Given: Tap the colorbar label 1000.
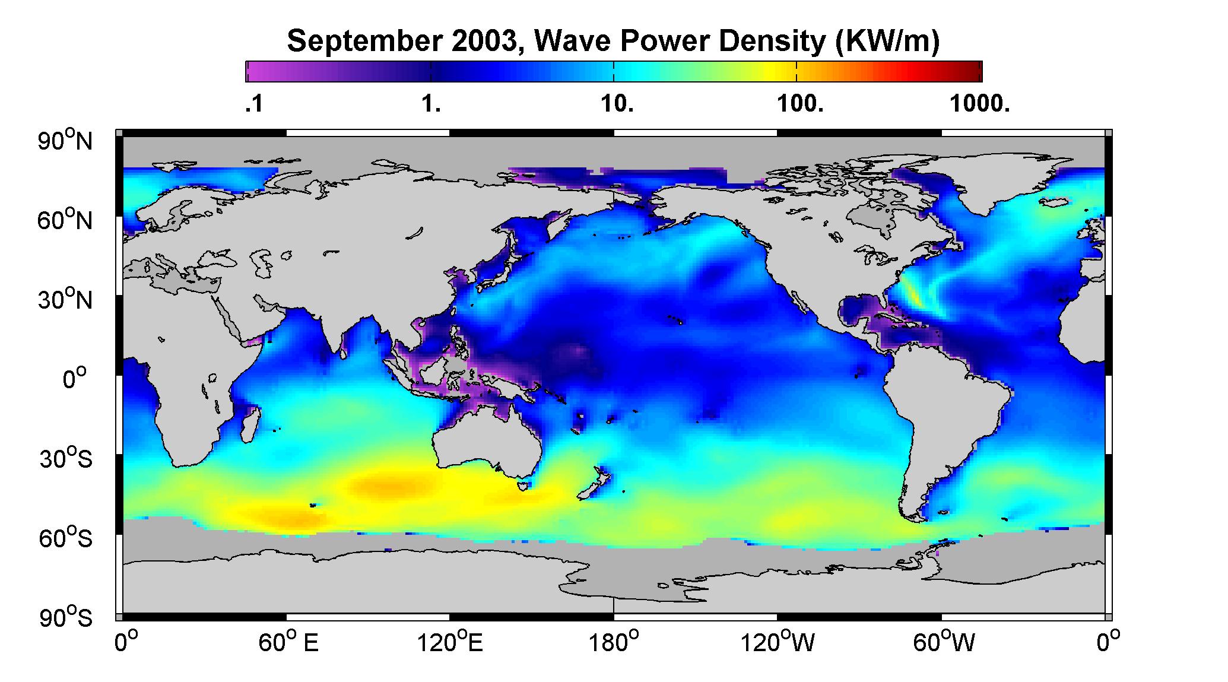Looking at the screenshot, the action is tap(979, 104).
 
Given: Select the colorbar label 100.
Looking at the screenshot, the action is tap(800, 104).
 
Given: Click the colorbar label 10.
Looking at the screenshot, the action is tap(617, 104).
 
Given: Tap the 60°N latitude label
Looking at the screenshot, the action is tap(65, 220).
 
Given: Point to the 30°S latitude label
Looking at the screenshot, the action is tap(65, 459).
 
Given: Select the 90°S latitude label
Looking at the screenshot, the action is tap(65, 618).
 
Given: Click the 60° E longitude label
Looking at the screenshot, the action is tap(288, 643).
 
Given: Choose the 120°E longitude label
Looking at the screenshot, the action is tap(450, 643).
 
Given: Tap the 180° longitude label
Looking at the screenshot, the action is tap(614, 643).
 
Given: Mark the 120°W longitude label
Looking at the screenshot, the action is tap(778, 643).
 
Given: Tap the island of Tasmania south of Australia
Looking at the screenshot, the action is tap(523, 486).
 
